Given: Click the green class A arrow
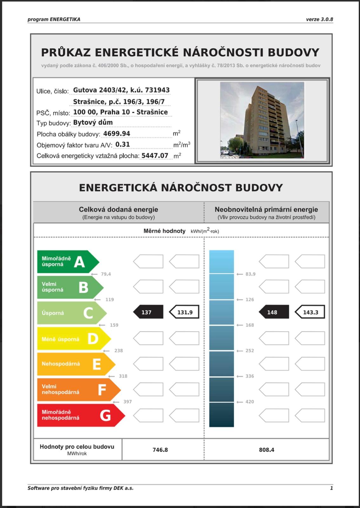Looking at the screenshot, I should [68, 262].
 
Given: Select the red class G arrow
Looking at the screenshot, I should [81, 415].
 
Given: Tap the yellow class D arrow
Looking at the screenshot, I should [74, 339].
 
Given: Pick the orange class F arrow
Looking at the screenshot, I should [78, 389].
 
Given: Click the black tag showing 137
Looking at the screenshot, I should [148, 312].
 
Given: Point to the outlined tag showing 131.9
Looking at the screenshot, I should [184, 312].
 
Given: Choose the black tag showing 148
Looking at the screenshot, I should [274, 312].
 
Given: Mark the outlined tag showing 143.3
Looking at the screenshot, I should [310, 312].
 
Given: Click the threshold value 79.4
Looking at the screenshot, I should [106, 274].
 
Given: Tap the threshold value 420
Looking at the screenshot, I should [250, 402].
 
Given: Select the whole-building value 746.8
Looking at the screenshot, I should [160, 450].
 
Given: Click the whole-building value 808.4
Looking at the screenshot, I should [266, 450].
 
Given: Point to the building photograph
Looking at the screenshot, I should [262, 120].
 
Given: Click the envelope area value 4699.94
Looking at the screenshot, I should [117, 134].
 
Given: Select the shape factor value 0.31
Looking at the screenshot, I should [123, 144].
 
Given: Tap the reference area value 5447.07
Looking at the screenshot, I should [155, 156].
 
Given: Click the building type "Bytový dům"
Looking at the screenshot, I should [93, 123].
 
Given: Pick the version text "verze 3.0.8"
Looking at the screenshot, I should [319, 19].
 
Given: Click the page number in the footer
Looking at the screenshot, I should [331, 488].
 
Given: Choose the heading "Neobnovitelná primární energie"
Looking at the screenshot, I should [266, 210].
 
